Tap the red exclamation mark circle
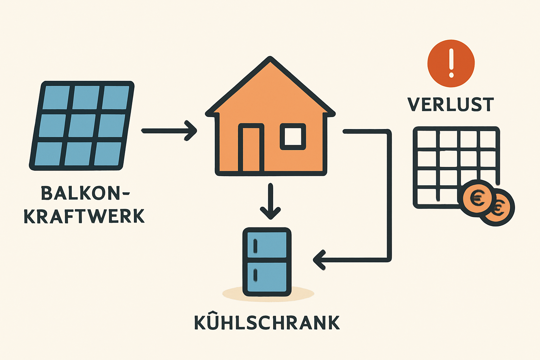[451, 63]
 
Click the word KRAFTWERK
[84, 216]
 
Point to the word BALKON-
[85, 193]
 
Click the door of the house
[251, 148]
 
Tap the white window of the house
[292, 136]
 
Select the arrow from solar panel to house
[169, 131]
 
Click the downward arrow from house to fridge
[270, 201]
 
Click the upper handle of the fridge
[255, 246]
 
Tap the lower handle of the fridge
[255, 275]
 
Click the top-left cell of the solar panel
[56, 97]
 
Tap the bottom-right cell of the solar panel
[107, 154]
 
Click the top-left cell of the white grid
[427, 139]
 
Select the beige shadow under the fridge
[268, 294]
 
